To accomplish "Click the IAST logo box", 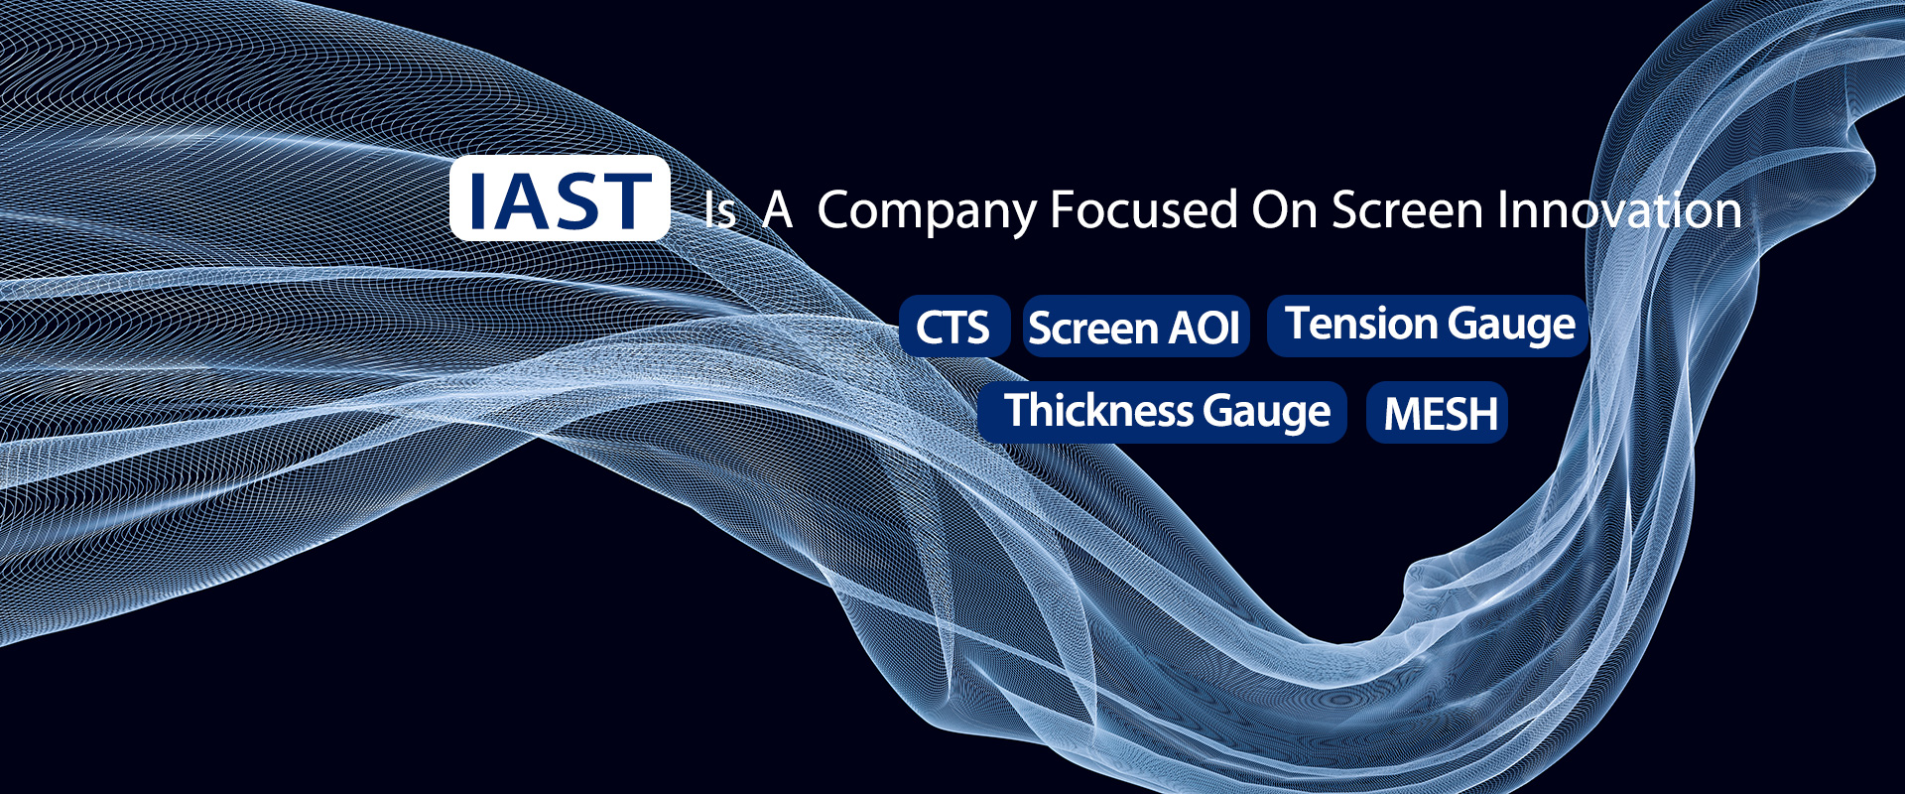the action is tap(560, 198).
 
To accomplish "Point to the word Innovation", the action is tap(1619, 209).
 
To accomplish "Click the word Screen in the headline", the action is tap(1409, 209).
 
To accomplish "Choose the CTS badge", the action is tap(954, 327).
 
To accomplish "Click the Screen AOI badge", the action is tap(1136, 327).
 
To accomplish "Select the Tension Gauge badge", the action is tap(1428, 326).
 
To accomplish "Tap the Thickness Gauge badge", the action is tap(1162, 412).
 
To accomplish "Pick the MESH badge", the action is tap(1438, 412).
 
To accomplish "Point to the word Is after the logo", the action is tap(719, 210).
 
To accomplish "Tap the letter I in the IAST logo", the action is tap(477, 200).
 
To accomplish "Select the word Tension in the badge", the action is tap(1361, 323).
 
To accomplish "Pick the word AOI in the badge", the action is tap(1205, 328).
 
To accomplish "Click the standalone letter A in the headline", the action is tap(778, 210).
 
